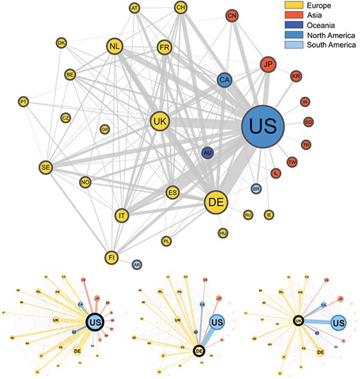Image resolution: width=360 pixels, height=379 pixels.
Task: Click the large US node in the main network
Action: click(x=267, y=127)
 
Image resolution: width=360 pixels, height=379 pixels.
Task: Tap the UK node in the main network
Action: click(x=161, y=121)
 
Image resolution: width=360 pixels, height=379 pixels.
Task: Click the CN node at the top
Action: click(x=233, y=16)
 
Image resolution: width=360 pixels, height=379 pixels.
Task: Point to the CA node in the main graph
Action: click(x=224, y=80)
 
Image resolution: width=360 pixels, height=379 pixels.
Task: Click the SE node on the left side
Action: click(x=46, y=167)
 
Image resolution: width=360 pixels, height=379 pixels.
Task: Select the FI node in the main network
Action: click(x=111, y=257)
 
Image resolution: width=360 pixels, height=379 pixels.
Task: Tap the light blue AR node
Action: click(x=136, y=264)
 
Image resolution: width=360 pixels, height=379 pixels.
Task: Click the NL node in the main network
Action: click(x=115, y=47)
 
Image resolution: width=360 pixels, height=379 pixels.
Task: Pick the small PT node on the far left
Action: click(x=24, y=102)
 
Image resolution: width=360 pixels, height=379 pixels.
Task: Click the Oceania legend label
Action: click(x=311, y=26)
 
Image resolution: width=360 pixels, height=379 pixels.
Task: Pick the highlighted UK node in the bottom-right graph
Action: click(x=297, y=320)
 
